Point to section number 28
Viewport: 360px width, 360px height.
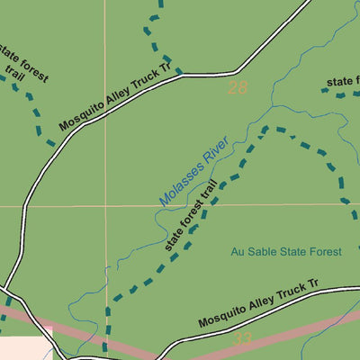pos(238,88)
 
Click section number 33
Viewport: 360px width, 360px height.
pos(241,339)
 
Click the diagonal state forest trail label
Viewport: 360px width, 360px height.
pos(192,216)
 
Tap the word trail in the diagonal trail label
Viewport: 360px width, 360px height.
pos(209,197)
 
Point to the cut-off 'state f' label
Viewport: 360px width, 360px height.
pos(343,82)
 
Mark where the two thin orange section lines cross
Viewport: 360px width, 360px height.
pos(104,205)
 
